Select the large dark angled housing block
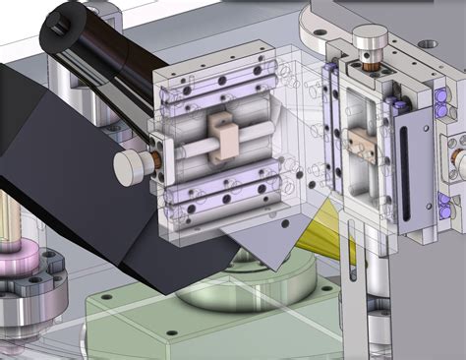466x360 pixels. tap(69, 167)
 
